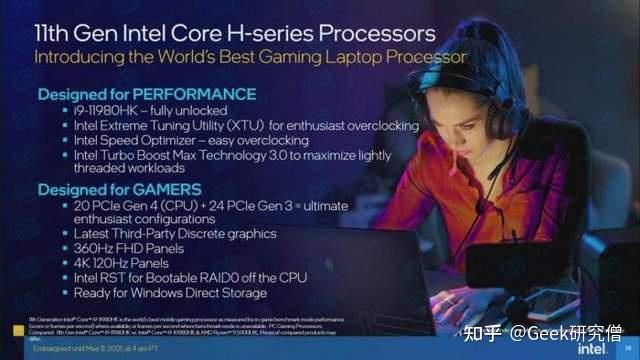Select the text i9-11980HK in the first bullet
pos(106,110)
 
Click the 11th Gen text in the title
pos(69,32)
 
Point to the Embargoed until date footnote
pos(90,349)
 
